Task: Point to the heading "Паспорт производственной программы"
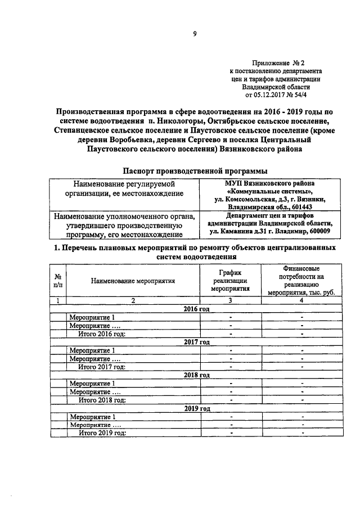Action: pos(195,170)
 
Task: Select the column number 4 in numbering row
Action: pos(301,300)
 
